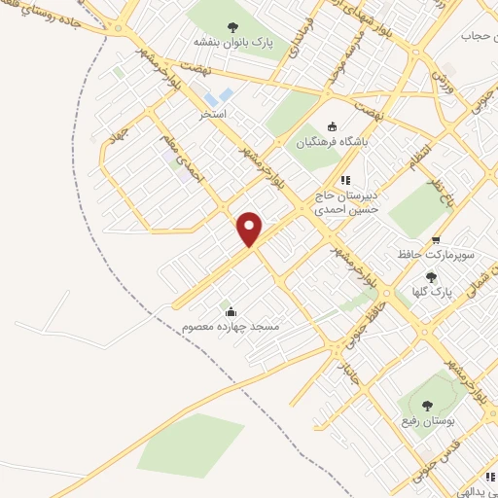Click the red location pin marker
250,230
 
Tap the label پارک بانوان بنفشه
231,42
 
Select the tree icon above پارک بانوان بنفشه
231,26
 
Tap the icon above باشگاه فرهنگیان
332,125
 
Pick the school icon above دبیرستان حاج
344,179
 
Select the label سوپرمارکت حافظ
435,254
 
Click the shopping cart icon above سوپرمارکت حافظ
436,238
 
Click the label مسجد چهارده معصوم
231,327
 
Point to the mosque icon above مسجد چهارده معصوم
231,311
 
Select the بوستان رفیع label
428,420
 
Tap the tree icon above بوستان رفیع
427,405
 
